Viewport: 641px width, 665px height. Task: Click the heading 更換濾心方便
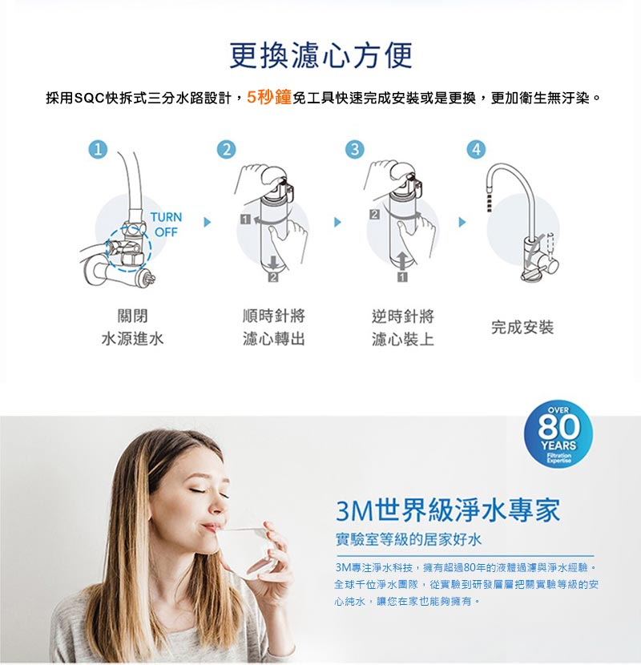pos(320,55)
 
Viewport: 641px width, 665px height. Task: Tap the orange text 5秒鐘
pos(269,98)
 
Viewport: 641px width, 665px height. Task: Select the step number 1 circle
pos(98,149)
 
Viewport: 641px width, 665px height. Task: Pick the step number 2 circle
pos(227,149)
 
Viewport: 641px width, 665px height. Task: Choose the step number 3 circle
pos(355,149)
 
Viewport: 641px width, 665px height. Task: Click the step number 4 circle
pos(477,149)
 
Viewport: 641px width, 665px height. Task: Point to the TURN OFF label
pos(166,225)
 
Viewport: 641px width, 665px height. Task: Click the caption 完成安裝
pos(522,328)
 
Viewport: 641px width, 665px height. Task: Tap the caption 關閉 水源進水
pos(132,328)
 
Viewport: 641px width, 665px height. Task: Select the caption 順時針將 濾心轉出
pos(273,328)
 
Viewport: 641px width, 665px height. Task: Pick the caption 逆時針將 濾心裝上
pos(402,328)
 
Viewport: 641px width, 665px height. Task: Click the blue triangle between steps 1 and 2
pos(207,222)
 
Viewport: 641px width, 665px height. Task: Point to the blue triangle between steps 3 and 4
pos(462,222)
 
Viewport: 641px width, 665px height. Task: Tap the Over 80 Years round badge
pos(558,434)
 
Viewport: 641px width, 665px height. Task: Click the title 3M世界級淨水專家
pos(448,510)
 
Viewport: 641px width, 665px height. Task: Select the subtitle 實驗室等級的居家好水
pos(409,540)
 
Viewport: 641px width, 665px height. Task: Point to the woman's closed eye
pos(198,490)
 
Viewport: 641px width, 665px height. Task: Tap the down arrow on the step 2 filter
pos(273,263)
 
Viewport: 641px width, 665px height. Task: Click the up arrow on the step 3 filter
pos(402,260)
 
